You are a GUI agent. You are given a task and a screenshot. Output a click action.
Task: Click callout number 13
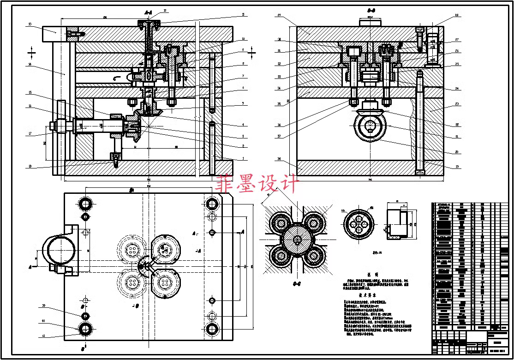[x=30, y=24]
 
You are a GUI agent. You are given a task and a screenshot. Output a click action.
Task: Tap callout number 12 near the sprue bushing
[x=165, y=10]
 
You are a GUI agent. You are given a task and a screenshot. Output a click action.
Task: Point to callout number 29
[x=280, y=16]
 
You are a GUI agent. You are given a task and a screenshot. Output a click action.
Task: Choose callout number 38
[x=280, y=158]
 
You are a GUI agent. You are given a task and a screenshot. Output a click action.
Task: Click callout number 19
[x=456, y=167]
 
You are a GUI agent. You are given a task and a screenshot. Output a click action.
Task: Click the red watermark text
[x=257, y=184]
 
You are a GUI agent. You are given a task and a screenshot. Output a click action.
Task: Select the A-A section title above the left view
[x=148, y=12]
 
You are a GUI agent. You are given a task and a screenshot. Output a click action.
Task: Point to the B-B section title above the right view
[x=371, y=10]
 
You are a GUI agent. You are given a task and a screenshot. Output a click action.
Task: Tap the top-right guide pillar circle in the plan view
[x=212, y=203]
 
